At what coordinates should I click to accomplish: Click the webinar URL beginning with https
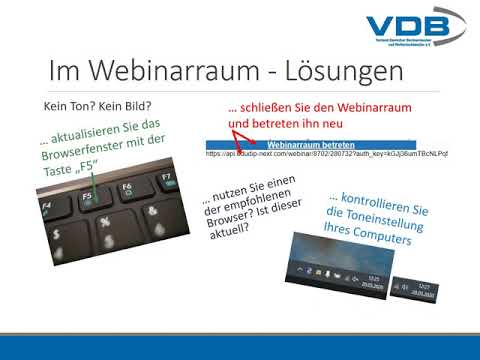click(325, 155)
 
